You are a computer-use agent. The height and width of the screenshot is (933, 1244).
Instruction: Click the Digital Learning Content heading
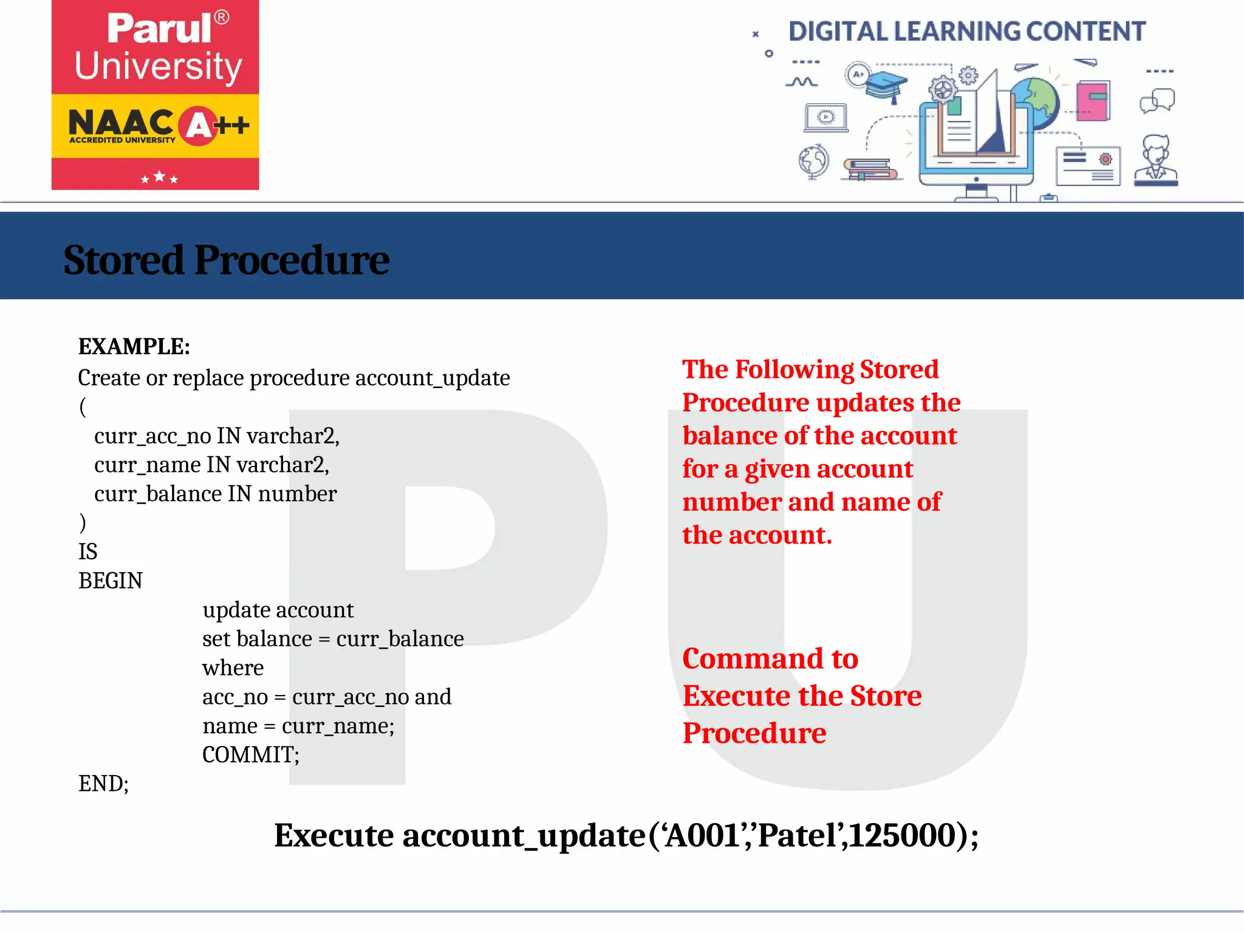(966, 32)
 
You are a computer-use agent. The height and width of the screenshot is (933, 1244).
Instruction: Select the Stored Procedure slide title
(226, 260)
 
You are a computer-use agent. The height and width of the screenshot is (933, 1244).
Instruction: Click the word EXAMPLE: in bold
(134, 347)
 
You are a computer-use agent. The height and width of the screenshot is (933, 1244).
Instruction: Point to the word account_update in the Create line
(432, 378)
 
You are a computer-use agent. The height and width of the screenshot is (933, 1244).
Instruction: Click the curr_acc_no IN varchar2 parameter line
(216, 436)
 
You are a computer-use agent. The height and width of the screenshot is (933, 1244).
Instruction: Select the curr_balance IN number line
(215, 494)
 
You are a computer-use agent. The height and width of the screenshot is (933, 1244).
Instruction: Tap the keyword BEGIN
(111, 581)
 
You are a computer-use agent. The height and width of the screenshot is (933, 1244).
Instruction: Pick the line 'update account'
(278, 610)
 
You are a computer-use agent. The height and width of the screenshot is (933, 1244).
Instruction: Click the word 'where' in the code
(233, 668)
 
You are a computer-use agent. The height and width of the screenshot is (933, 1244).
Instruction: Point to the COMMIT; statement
(250, 755)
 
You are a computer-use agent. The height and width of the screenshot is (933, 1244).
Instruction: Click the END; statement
(103, 784)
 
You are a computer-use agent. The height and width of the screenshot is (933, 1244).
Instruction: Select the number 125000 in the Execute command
(903, 836)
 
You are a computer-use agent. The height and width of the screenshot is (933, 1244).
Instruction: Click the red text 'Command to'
(770, 659)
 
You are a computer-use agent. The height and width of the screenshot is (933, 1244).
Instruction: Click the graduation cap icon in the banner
(886, 86)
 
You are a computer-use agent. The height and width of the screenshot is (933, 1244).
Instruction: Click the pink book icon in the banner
(1093, 100)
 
